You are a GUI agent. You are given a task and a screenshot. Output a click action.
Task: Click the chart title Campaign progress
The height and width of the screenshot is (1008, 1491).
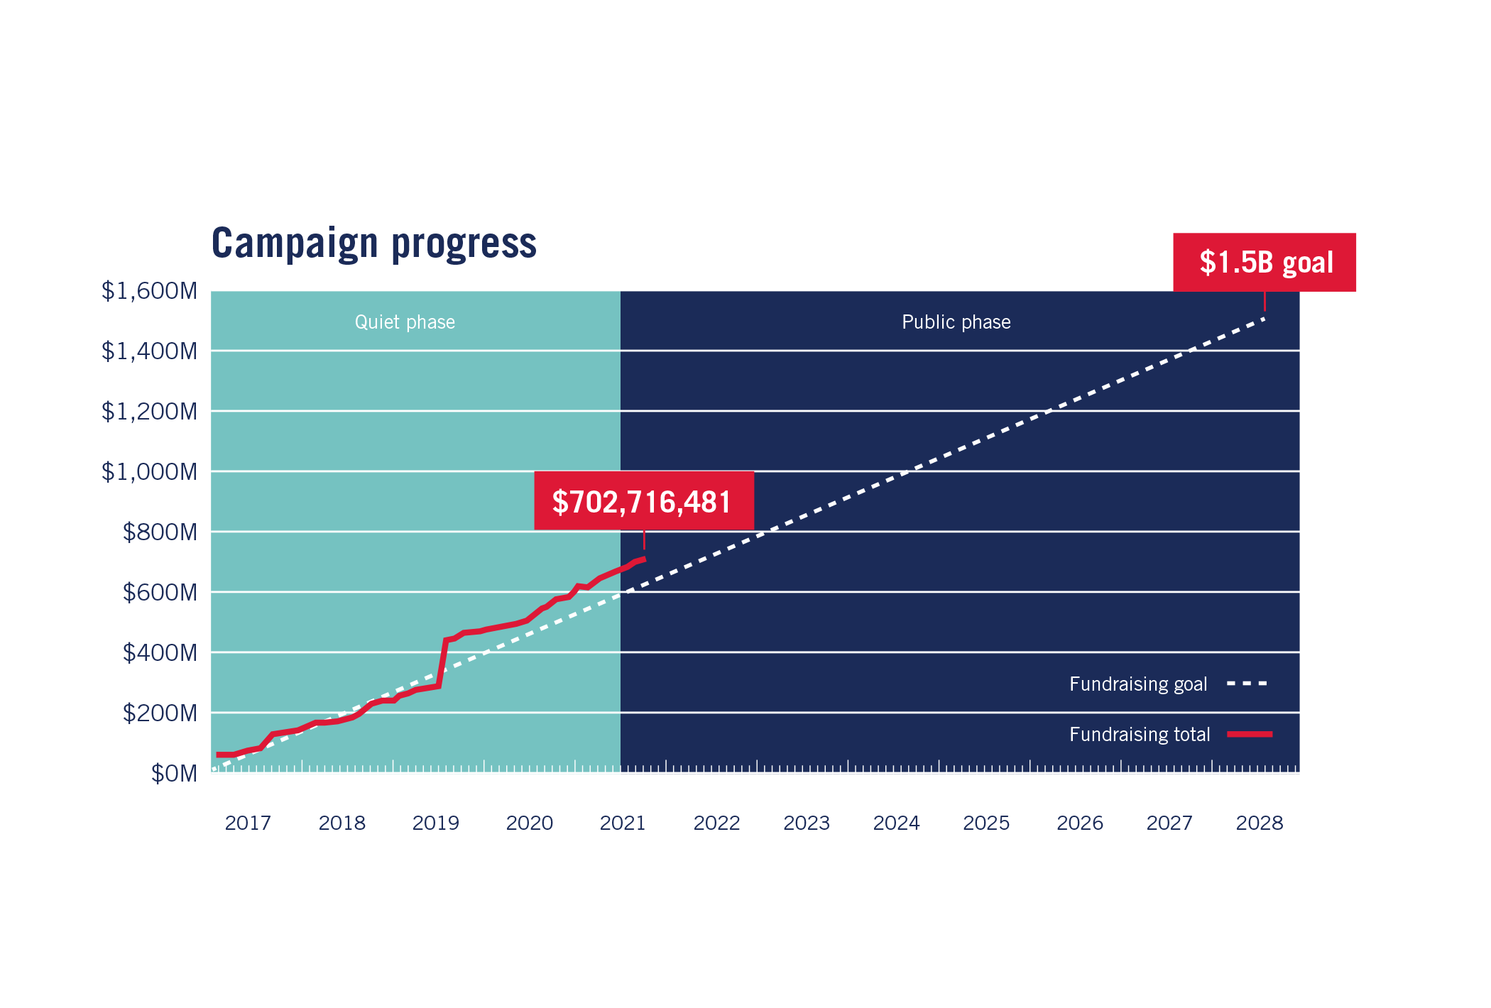click(x=373, y=243)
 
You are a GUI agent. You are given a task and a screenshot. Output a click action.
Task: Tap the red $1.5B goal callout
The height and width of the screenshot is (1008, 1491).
click(x=1265, y=262)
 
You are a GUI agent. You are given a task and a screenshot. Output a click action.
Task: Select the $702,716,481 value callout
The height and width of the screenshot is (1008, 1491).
click(x=643, y=501)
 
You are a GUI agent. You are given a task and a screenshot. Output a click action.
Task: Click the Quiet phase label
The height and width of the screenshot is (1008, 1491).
click(x=405, y=322)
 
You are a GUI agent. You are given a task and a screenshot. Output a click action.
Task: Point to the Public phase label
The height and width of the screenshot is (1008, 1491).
click(x=956, y=322)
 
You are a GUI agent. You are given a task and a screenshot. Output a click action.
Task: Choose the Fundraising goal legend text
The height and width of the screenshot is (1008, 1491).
click(x=1138, y=684)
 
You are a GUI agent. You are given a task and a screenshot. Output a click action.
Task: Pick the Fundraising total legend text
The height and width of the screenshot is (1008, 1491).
click(x=1140, y=734)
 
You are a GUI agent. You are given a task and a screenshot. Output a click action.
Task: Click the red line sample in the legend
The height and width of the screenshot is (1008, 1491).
click(x=1250, y=734)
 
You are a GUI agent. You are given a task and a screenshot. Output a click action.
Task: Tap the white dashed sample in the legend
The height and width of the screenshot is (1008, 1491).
click(x=1247, y=684)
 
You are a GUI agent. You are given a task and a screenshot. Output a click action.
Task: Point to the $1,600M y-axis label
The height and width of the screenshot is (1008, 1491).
click(x=149, y=291)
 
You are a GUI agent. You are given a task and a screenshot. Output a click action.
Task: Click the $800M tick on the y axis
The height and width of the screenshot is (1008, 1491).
click(x=160, y=532)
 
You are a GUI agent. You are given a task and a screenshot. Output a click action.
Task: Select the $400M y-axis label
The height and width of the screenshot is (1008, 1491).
click(x=160, y=652)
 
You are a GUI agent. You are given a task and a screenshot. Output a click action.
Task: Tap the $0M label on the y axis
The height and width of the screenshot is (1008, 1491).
click(x=174, y=773)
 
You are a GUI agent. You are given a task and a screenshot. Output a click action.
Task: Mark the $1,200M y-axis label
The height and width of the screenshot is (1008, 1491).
click(x=149, y=412)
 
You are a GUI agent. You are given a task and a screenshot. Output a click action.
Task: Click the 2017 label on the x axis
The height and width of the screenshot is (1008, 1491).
click(x=248, y=822)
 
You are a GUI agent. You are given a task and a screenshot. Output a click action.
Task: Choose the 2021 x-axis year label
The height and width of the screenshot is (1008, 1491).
click(x=623, y=822)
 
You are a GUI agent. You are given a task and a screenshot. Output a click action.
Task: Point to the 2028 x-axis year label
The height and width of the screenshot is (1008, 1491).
click(x=1260, y=822)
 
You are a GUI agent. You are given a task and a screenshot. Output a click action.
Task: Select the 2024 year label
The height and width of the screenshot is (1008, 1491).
click(x=896, y=822)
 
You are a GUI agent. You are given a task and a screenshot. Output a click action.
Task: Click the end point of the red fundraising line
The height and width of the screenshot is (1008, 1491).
click(x=644, y=559)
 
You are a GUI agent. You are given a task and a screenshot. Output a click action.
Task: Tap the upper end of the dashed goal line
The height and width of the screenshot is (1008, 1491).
click(x=1264, y=319)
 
